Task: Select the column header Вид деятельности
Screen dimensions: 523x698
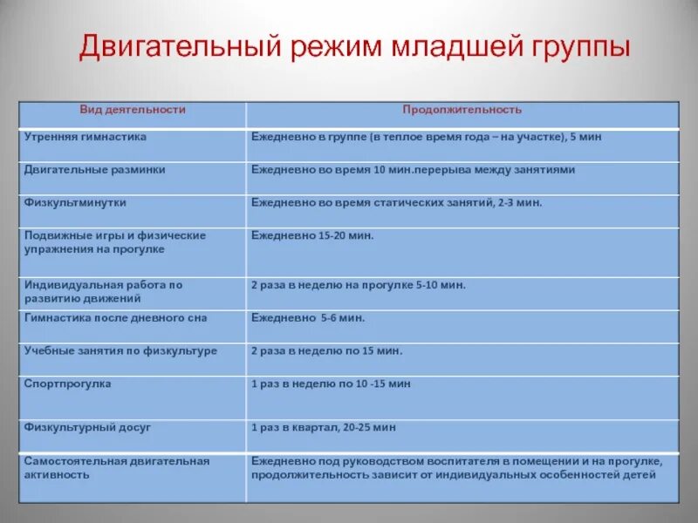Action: click(x=133, y=110)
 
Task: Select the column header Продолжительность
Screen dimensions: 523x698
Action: click(x=462, y=110)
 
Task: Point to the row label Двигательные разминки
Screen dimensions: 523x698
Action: click(x=94, y=170)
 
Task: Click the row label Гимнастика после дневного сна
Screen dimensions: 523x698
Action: click(x=115, y=318)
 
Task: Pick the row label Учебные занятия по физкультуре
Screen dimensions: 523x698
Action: click(x=120, y=350)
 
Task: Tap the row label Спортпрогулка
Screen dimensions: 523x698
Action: click(x=67, y=384)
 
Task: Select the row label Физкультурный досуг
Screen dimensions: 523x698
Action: click(x=87, y=427)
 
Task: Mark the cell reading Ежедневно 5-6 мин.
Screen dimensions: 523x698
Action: click(x=308, y=318)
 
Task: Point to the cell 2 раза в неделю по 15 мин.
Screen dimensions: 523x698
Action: click(x=326, y=350)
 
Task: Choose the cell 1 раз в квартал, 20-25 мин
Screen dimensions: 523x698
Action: click(x=324, y=427)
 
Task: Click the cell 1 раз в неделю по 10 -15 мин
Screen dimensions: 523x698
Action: click(x=331, y=384)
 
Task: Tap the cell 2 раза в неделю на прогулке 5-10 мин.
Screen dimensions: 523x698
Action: click(x=359, y=285)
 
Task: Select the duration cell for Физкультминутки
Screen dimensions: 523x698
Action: click(x=396, y=202)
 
